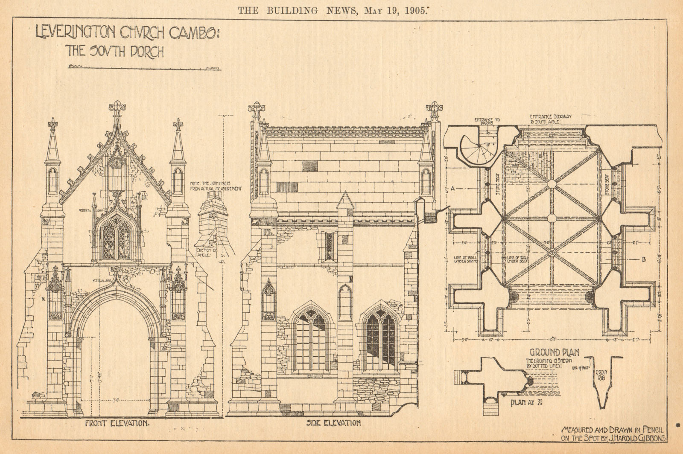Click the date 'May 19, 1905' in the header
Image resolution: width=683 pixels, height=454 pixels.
[x=395, y=11]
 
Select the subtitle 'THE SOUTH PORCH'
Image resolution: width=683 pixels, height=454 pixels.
[x=114, y=52]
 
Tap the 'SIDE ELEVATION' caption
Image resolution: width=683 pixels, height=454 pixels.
[x=333, y=423]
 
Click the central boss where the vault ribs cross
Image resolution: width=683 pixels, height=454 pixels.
[x=551, y=218]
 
